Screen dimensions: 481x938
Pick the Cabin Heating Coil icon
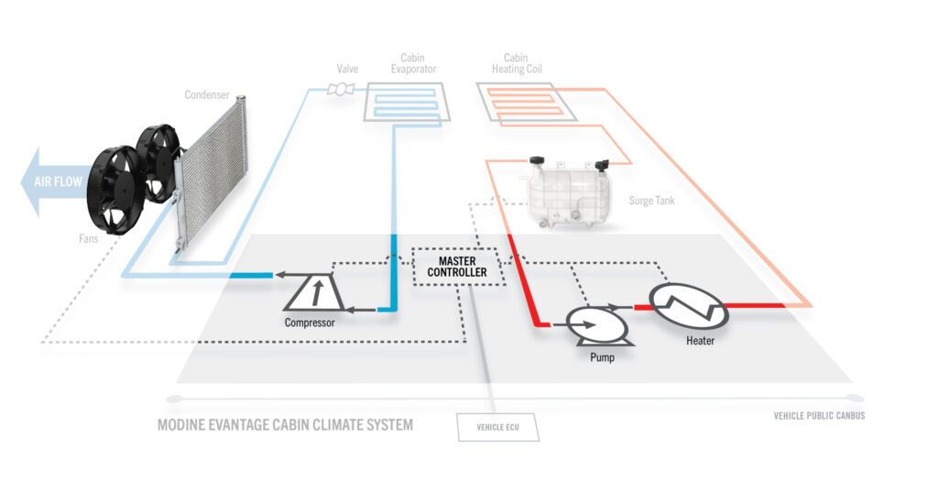(526, 103)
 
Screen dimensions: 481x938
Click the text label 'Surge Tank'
(652, 200)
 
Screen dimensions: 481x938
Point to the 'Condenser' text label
(207, 94)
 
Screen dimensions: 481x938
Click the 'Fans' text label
(89, 241)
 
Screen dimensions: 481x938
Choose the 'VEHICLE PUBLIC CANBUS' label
(819, 415)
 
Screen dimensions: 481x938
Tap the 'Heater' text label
(700, 342)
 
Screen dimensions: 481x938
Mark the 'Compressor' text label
(310, 322)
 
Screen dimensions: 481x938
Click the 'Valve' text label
(348, 68)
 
